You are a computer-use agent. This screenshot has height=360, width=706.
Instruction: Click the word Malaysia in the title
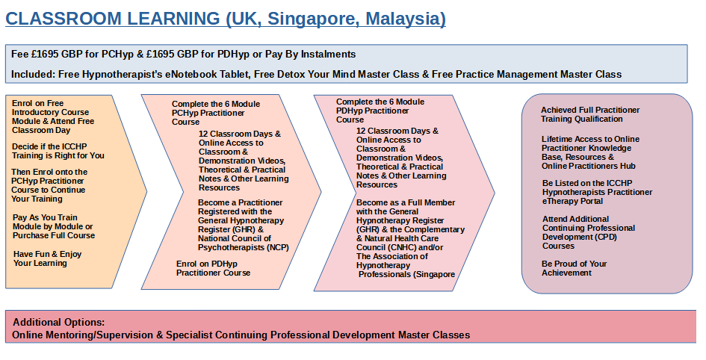(406, 19)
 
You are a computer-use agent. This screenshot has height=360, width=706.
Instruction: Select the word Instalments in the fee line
(328, 55)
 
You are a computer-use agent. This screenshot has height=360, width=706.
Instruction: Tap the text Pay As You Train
(45, 218)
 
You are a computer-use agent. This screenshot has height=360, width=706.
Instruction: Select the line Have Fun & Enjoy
(47, 254)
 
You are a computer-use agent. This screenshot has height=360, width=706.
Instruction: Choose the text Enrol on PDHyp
(207, 264)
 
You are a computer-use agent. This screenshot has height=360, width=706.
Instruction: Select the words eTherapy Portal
(572, 201)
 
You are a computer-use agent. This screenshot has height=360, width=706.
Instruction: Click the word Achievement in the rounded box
(566, 273)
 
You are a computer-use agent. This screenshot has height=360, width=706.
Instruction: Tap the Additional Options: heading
(58, 322)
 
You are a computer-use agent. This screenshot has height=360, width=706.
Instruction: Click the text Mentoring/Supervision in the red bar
(96, 335)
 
